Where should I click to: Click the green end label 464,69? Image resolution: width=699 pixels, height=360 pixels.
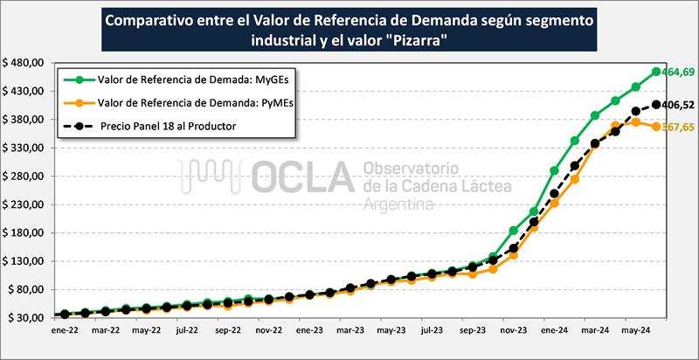[677, 72]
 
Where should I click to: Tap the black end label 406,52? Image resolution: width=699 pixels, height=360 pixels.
[678, 106]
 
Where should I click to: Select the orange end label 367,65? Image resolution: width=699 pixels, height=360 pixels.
[677, 127]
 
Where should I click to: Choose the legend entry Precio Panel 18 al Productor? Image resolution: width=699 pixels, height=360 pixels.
[167, 126]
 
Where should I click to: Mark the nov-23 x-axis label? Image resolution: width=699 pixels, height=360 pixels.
[514, 332]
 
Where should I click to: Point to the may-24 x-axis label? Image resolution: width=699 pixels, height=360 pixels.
[636, 332]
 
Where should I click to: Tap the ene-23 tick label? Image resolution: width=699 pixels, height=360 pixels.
[309, 332]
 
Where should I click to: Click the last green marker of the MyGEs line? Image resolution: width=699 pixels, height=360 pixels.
[655, 72]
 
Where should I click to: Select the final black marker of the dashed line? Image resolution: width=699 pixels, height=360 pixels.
[655, 106]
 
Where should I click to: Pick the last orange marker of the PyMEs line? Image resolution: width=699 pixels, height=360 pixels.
[655, 127]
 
